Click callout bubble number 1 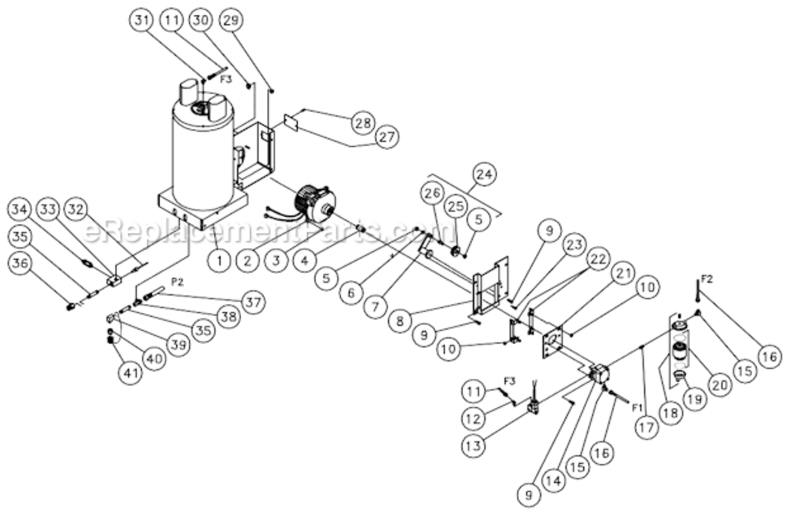coord(219,259)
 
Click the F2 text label coord(706,279)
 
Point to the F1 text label coord(637,407)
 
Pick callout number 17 coord(647,429)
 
